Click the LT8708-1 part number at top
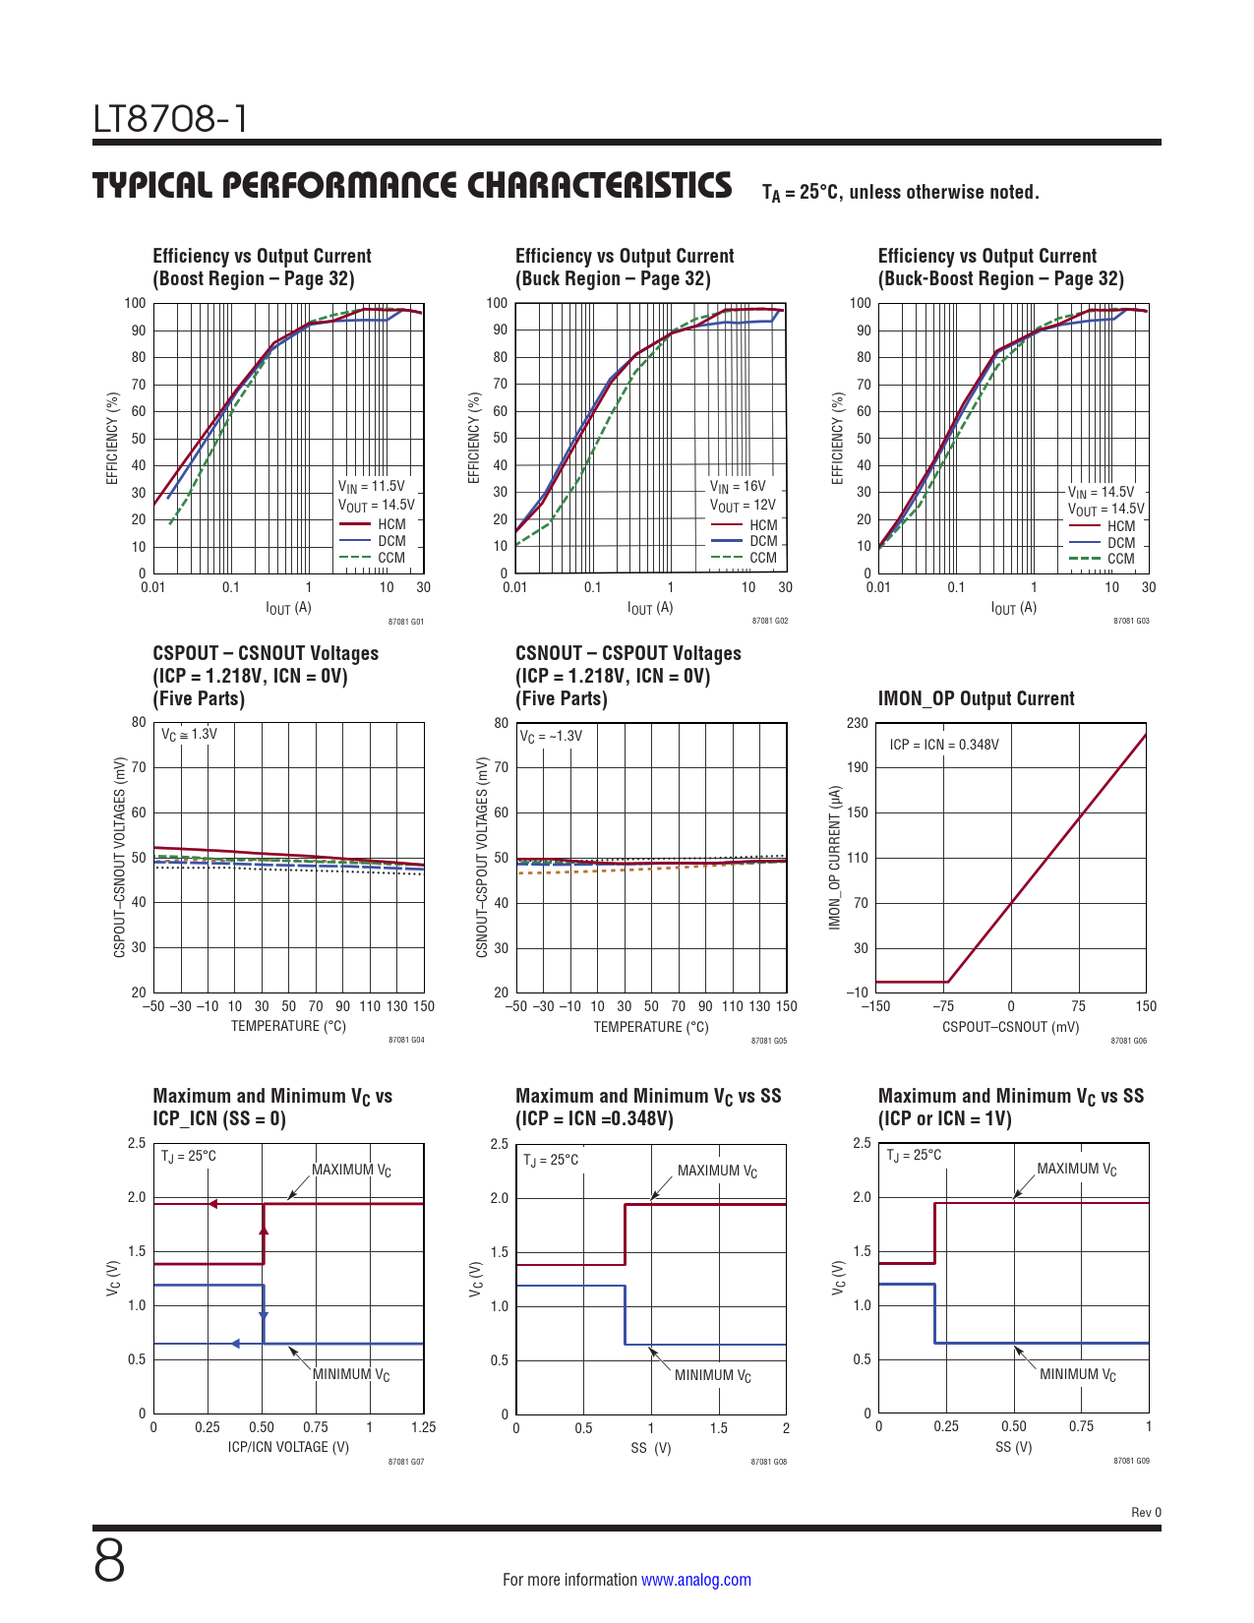point(170,119)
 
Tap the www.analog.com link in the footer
point(695,1580)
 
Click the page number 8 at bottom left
point(109,1561)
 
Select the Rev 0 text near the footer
point(1146,1513)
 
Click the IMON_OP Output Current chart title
point(976,698)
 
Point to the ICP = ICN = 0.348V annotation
point(943,745)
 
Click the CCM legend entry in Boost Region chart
point(390,558)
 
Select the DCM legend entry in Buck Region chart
point(762,541)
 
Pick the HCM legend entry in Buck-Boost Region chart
point(1120,526)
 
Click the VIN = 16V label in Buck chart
point(738,486)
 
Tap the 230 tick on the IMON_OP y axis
point(858,723)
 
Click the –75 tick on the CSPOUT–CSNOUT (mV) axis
point(943,1006)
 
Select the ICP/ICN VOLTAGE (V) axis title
point(288,1447)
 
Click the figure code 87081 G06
point(1129,1041)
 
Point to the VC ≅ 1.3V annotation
point(190,734)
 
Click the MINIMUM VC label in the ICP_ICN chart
point(351,1374)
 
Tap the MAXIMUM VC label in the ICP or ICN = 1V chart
point(1077,1170)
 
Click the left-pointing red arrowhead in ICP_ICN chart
point(212,1204)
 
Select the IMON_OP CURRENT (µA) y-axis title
point(835,858)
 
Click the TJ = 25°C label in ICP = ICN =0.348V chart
point(551,1160)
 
